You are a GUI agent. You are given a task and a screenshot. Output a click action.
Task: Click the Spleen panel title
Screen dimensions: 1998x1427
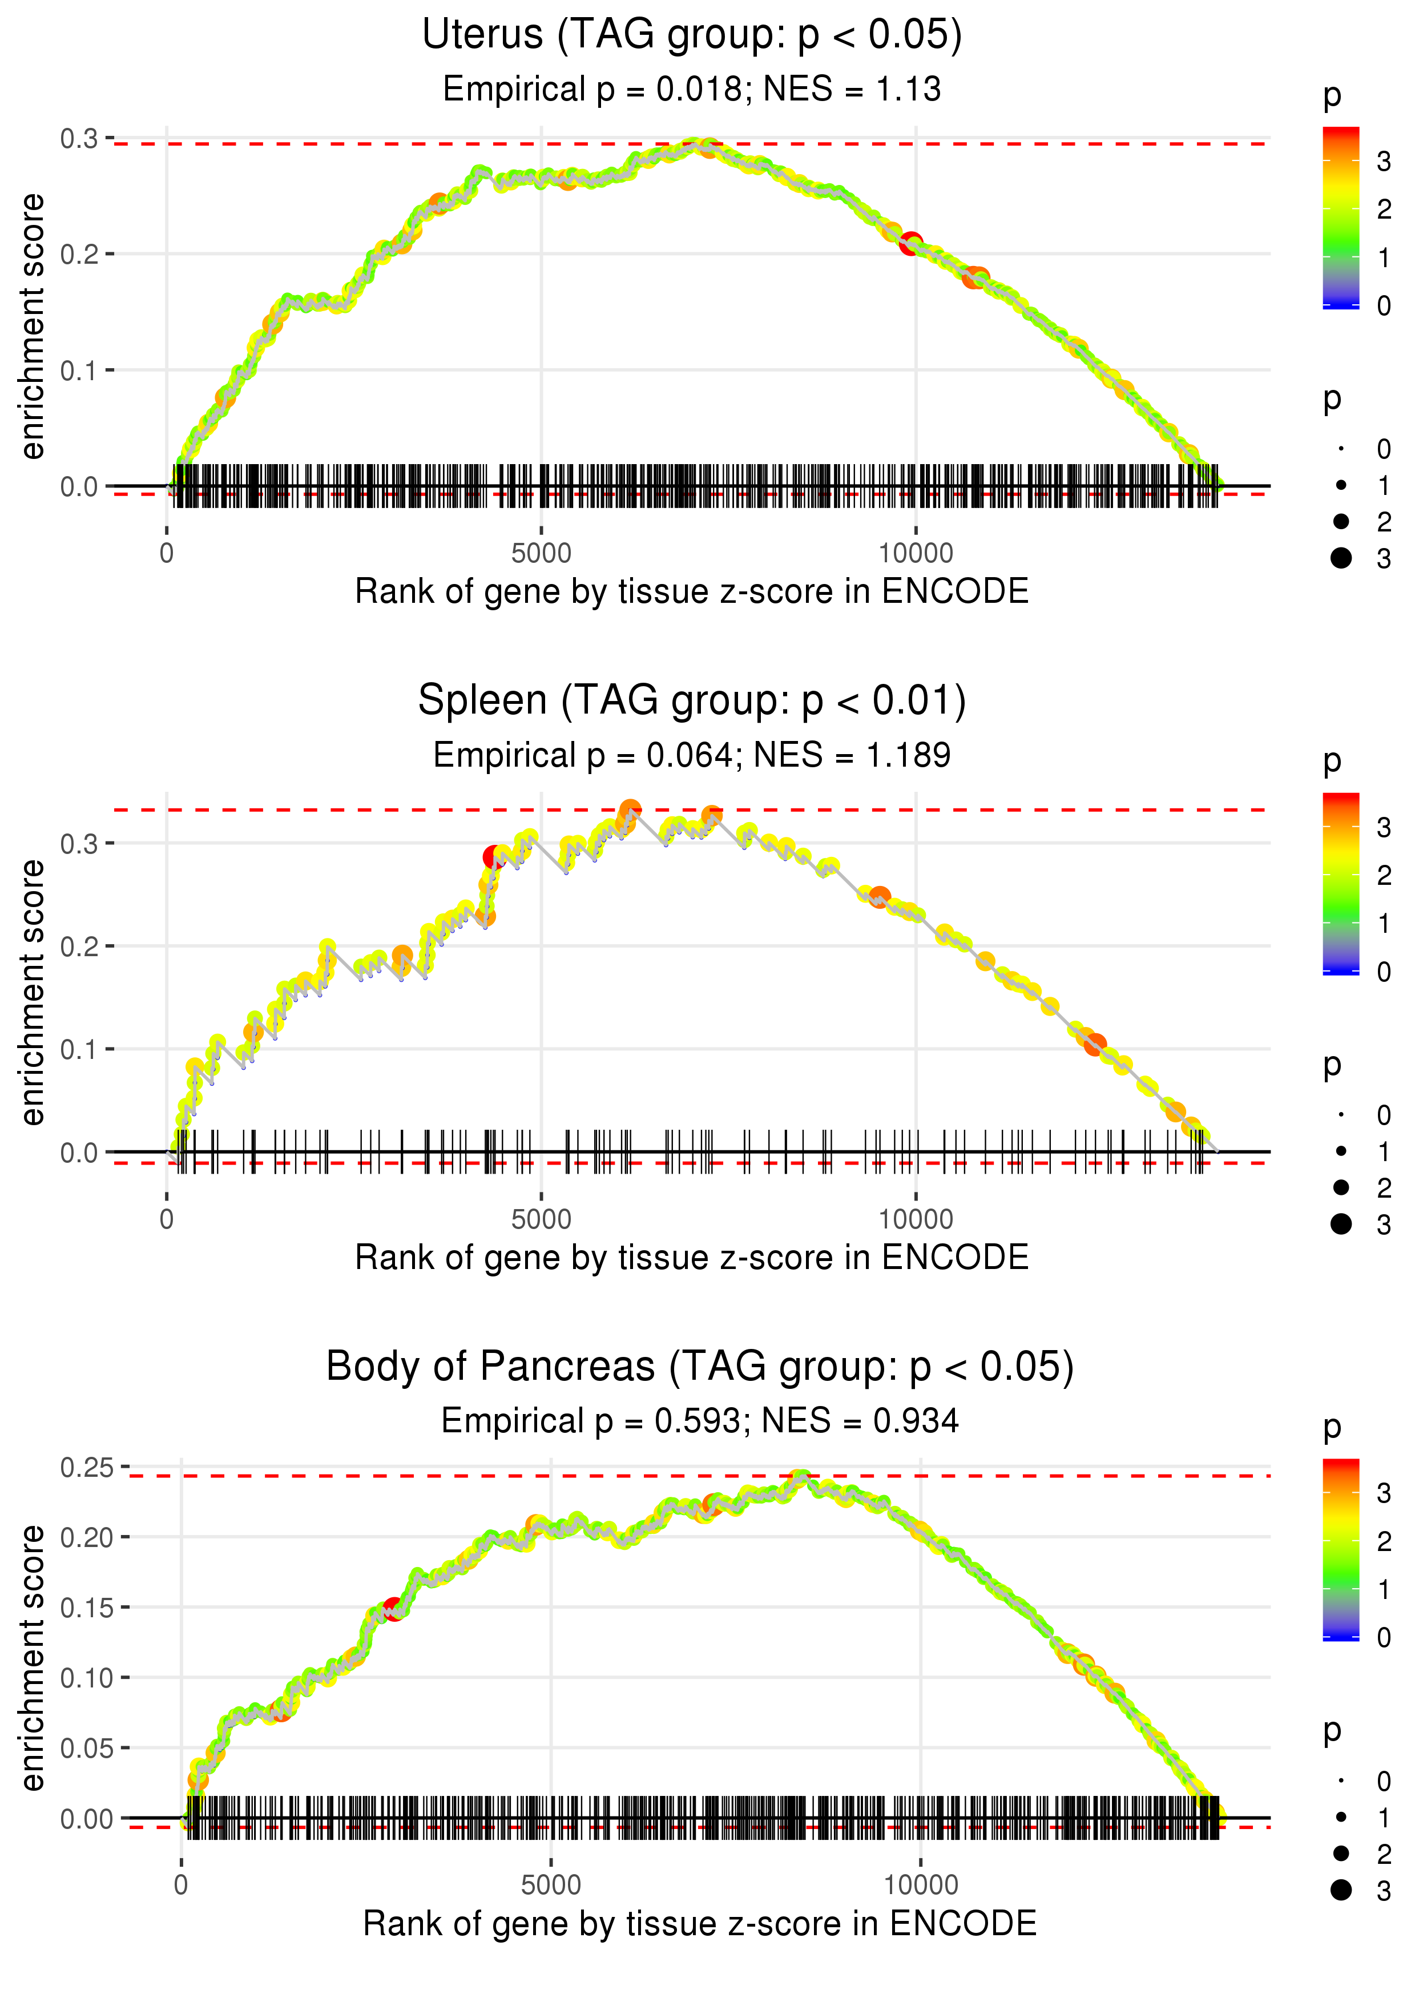(x=692, y=701)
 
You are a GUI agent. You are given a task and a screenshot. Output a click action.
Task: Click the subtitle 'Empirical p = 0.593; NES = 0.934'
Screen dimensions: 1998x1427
(x=699, y=1421)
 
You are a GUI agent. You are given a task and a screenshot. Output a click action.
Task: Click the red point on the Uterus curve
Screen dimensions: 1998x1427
(x=910, y=243)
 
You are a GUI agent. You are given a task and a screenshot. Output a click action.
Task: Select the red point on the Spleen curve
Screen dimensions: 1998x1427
(x=493, y=857)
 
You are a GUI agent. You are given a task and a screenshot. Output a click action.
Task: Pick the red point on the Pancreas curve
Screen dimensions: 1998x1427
(x=393, y=1610)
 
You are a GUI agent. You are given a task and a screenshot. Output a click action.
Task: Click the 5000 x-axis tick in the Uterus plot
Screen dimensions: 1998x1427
(x=541, y=554)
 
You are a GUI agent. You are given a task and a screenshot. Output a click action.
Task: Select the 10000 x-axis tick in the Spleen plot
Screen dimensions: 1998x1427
(x=916, y=1219)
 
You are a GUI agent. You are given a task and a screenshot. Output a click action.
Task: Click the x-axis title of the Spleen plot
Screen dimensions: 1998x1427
(x=692, y=1258)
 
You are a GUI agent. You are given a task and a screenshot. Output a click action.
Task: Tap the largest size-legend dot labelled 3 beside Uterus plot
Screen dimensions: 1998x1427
(x=1341, y=558)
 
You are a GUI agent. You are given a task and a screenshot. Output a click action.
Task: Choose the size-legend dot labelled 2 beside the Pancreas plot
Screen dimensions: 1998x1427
(x=1341, y=1853)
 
